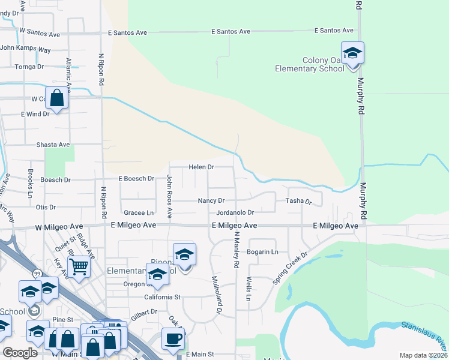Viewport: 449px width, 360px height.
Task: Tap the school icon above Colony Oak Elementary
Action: pyautogui.click(x=353, y=53)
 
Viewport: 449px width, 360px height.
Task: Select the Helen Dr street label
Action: pyautogui.click(x=202, y=167)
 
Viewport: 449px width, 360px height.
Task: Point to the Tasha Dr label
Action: pyautogui.click(x=298, y=202)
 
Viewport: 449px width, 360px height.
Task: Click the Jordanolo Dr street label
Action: pyautogui.click(x=235, y=212)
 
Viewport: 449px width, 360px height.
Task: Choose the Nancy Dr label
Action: pyautogui.click(x=211, y=201)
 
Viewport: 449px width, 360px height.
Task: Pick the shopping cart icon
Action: pyautogui.click(x=79, y=267)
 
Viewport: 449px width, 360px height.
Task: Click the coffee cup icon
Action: pyautogui.click(x=173, y=338)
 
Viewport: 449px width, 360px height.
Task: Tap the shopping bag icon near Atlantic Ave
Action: pyautogui.click(x=56, y=99)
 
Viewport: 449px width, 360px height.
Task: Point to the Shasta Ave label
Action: pyautogui.click(x=53, y=145)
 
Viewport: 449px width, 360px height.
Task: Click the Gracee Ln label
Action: pyautogui.click(x=139, y=213)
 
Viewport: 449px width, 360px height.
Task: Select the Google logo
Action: pyautogui.click(x=20, y=353)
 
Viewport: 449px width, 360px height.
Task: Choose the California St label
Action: pyautogui.click(x=162, y=297)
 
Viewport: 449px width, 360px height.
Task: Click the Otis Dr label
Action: pyautogui.click(x=46, y=208)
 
